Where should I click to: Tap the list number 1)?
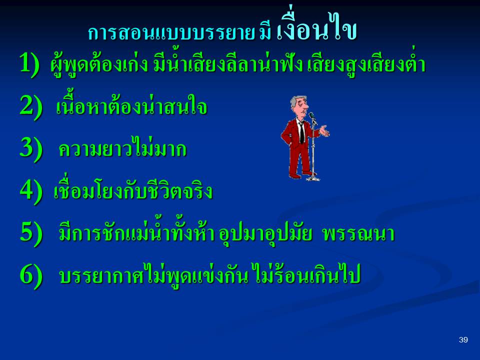point(29,63)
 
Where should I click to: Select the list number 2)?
point(31,106)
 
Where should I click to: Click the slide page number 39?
point(463,340)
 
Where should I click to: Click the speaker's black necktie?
point(302,132)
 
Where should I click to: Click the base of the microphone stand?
point(313,178)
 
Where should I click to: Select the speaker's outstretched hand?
point(324,131)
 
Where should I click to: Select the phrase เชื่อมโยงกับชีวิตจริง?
point(133,190)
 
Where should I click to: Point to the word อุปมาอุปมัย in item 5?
point(265,234)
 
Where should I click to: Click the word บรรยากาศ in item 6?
point(101,276)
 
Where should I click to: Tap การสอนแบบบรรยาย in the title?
point(171,32)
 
